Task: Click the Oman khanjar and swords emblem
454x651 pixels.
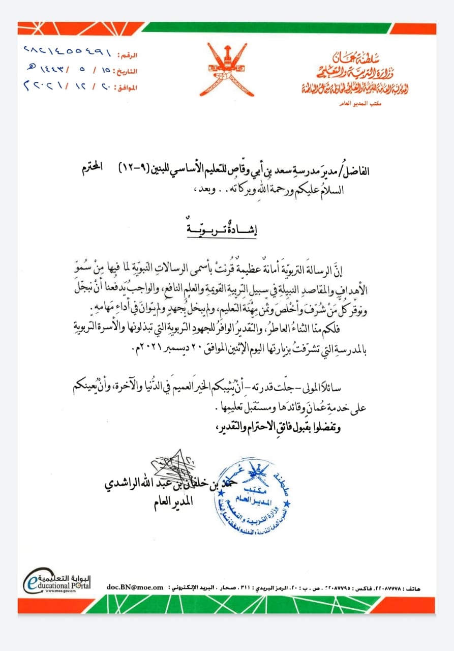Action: point(227,70)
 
